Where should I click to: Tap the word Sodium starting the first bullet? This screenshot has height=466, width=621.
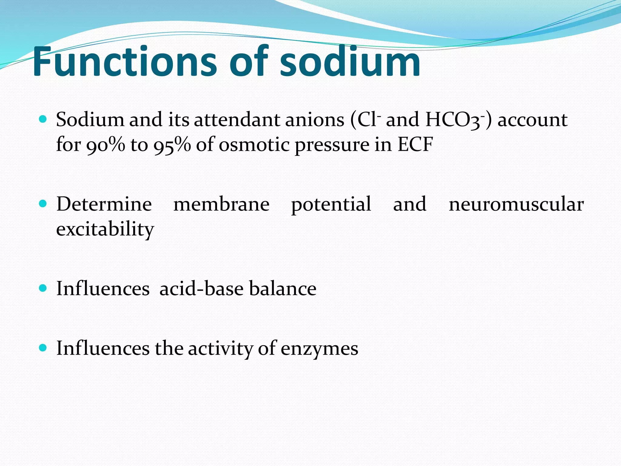[x=90, y=120]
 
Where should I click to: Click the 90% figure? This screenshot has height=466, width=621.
[x=106, y=145]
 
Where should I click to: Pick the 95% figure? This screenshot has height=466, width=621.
[x=172, y=145]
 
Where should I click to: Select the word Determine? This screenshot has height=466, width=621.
[x=104, y=204]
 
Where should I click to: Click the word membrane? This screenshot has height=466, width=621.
[x=221, y=204]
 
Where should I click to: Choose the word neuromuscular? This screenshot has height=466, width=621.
[x=516, y=204]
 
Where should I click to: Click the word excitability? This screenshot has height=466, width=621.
[x=105, y=229]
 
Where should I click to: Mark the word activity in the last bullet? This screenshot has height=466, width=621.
[x=220, y=348]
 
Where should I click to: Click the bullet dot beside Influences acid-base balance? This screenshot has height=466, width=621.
[x=43, y=288]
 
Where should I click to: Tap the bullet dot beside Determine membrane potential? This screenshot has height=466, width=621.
[x=43, y=203]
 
